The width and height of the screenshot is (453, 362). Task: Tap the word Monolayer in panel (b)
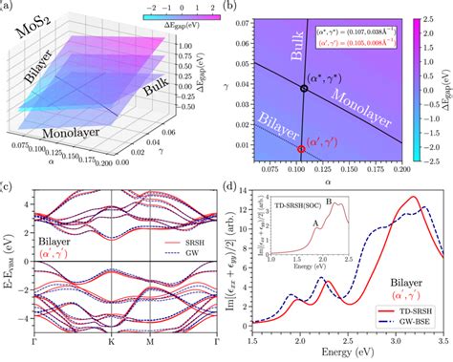pos(366,116)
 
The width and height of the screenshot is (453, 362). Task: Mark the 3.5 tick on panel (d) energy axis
pos(442,340)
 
